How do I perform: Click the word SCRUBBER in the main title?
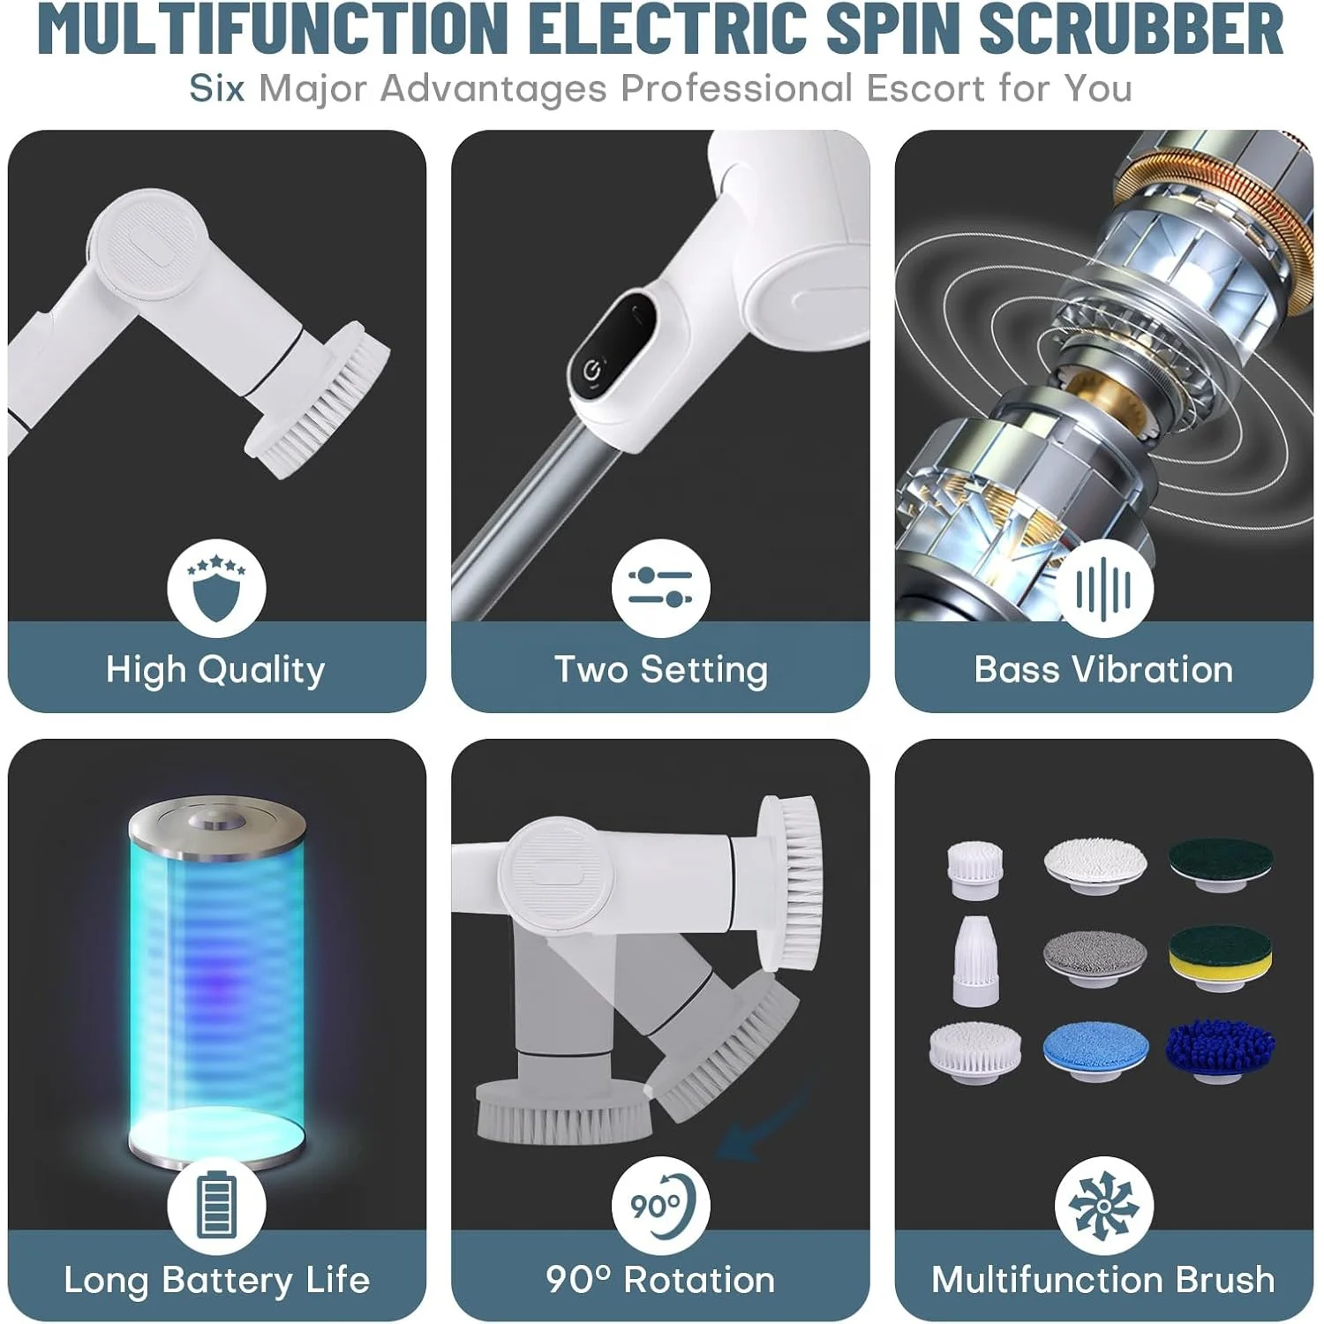tap(1131, 29)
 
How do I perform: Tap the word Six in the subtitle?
tap(216, 88)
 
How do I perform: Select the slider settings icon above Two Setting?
tap(660, 588)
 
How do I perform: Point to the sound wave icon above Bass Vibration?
tap(1103, 588)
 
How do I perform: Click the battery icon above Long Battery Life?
tap(216, 1205)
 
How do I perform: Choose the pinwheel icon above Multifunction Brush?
tap(1103, 1206)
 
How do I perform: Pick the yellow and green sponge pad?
tap(1221, 957)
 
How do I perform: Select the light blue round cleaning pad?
tap(1095, 1052)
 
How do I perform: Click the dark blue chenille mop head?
tap(1220, 1050)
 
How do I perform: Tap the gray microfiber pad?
tap(1095, 957)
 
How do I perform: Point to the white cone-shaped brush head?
tap(974, 959)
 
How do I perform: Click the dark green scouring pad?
tap(1221, 864)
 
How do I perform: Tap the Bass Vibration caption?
tap(1103, 670)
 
